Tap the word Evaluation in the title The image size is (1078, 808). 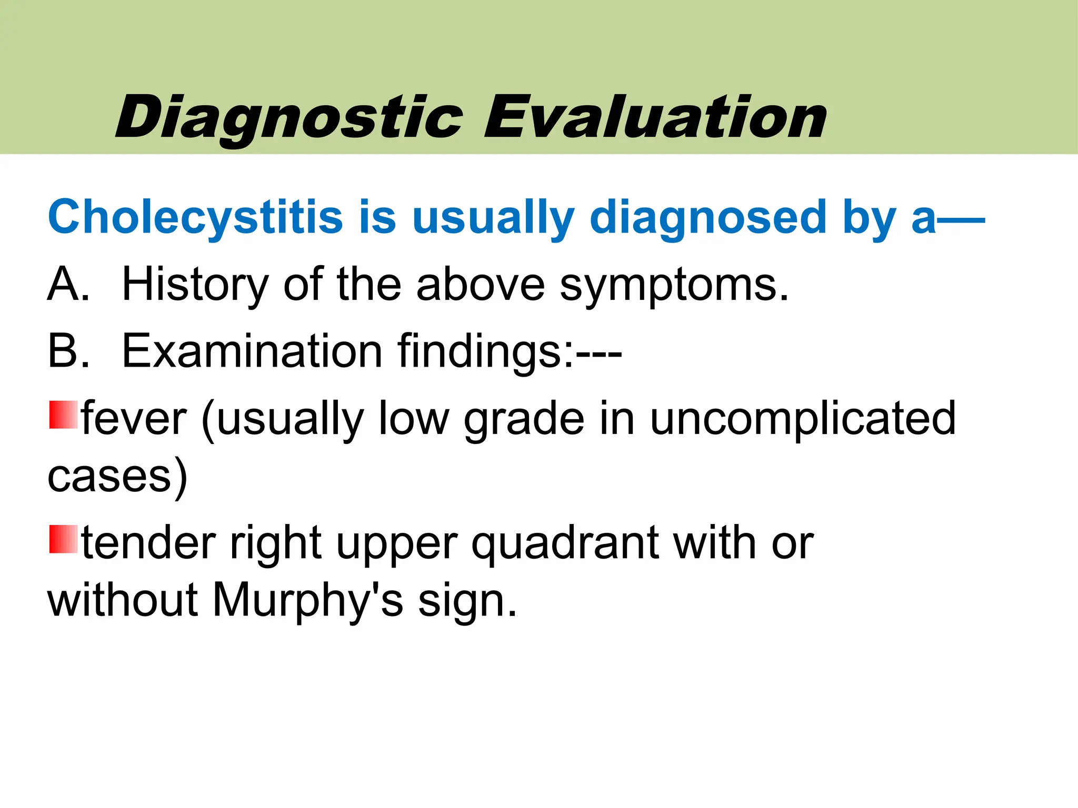point(655,118)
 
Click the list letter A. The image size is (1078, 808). point(67,284)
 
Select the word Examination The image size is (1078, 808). point(252,351)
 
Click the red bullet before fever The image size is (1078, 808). point(63,415)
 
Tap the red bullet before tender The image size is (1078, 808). point(63,539)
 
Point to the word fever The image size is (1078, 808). point(135,419)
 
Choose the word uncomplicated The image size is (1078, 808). point(803,419)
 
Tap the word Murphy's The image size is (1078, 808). point(308,601)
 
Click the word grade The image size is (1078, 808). point(524,420)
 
